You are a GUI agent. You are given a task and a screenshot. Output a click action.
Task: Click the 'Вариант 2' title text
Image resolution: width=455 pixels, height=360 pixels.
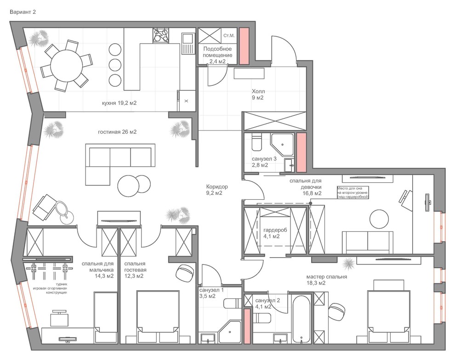(x=23, y=12)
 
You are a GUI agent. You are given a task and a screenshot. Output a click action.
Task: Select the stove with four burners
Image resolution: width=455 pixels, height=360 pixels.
(x=161, y=35)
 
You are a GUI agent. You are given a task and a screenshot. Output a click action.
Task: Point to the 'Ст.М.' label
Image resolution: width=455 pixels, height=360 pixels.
(x=229, y=36)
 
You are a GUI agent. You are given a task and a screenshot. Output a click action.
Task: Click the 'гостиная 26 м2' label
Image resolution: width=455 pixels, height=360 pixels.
(x=117, y=132)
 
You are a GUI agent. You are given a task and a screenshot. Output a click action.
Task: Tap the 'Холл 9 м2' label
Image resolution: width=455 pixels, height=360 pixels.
(x=258, y=95)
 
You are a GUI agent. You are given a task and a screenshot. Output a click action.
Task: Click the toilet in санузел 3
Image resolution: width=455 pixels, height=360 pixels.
(x=256, y=142)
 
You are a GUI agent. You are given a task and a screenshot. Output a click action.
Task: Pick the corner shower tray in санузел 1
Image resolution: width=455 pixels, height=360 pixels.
(x=230, y=332)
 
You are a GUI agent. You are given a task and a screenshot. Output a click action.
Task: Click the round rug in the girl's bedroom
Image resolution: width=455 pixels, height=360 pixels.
(x=379, y=219)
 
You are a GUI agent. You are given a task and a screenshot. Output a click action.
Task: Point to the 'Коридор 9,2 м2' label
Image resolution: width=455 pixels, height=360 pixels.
(x=217, y=190)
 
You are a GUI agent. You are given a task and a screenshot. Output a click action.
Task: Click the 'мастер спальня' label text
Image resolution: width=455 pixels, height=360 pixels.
(x=326, y=276)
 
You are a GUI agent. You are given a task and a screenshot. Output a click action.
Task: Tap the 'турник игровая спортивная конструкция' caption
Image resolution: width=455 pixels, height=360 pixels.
(x=51, y=288)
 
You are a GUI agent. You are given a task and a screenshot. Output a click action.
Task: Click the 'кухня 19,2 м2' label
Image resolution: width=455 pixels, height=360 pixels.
(x=119, y=103)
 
